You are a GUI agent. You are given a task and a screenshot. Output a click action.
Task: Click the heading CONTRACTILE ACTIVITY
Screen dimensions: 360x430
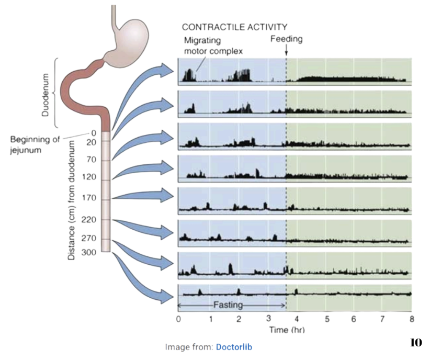[x=234, y=27]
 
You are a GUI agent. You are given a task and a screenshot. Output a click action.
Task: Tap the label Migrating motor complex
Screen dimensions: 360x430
[x=209, y=46]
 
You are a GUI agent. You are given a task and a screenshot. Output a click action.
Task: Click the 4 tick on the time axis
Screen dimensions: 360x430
[x=297, y=319]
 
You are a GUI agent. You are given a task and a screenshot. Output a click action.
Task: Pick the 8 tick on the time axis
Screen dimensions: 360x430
[x=412, y=319]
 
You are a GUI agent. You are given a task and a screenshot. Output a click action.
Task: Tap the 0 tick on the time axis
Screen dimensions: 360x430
[x=179, y=319]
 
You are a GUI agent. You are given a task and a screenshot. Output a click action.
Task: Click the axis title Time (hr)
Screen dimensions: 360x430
[x=287, y=330]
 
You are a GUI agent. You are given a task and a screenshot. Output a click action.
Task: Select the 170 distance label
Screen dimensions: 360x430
[x=90, y=198]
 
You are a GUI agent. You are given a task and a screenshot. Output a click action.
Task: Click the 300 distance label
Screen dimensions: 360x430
[x=90, y=252]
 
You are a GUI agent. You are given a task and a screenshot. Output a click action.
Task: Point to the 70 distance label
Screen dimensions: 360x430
[x=92, y=160]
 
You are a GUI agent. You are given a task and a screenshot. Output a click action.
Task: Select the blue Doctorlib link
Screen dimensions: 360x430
[x=234, y=347]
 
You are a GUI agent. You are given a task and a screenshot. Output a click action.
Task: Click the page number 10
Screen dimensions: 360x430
[x=415, y=343]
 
